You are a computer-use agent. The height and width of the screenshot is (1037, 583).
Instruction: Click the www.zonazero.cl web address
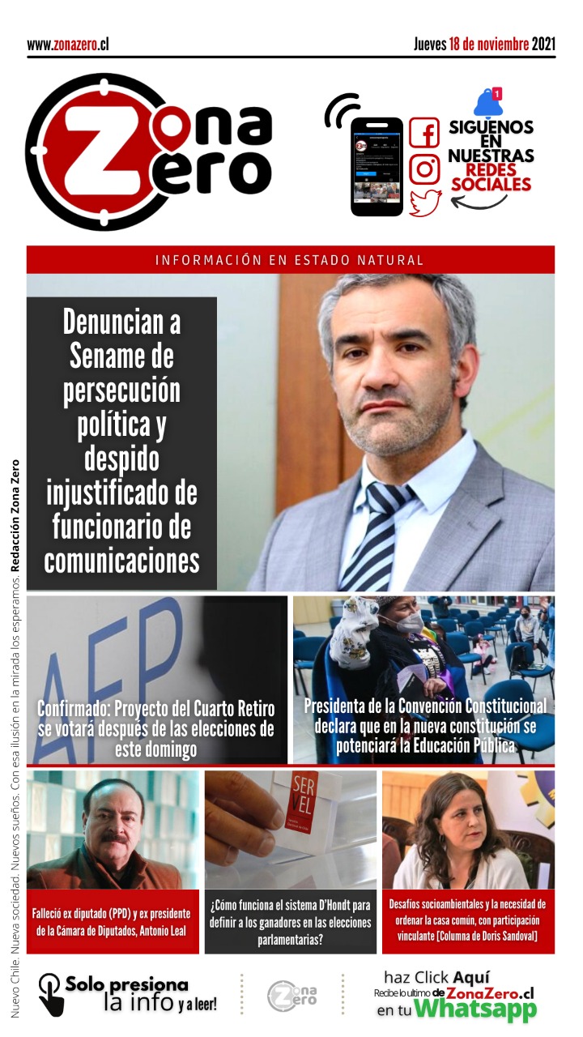[68, 45]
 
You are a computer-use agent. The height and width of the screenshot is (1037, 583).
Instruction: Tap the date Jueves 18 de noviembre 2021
[484, 44]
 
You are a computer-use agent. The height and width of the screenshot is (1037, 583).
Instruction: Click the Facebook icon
[423, 132]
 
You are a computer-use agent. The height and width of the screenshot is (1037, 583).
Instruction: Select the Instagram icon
[423, 169]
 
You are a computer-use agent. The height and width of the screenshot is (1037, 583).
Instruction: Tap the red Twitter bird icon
[424, 202]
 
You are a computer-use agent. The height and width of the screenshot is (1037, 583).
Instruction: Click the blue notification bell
[488, 102]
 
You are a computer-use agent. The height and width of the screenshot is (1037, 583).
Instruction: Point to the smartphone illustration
[377, 165]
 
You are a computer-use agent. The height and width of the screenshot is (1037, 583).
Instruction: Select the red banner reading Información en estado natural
[290, 260]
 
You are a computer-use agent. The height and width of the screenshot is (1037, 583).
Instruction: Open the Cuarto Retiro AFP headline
[156, 728]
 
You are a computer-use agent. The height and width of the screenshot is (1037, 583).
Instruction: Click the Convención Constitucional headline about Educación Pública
[424, 726]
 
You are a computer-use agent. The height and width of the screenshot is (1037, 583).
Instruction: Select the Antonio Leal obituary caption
[113, 922]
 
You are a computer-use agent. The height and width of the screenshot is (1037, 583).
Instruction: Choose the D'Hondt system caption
[290, 922]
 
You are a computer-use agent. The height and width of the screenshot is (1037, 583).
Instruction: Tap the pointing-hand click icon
[51, 994]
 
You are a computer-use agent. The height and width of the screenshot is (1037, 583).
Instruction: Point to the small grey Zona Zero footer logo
[291, 995]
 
